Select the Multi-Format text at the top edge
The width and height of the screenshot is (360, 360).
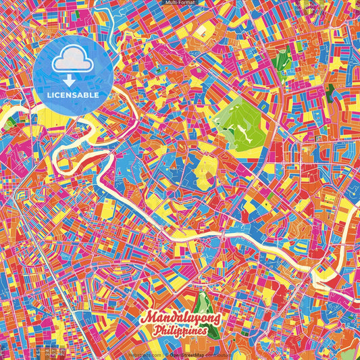tap(180, 3)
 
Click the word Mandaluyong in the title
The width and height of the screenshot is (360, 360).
tap(180, 317)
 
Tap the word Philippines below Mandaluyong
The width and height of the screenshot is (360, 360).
tap(180, 332)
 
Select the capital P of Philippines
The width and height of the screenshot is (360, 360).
tap(157, 332)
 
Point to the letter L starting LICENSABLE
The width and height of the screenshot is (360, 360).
tap(49, 95)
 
